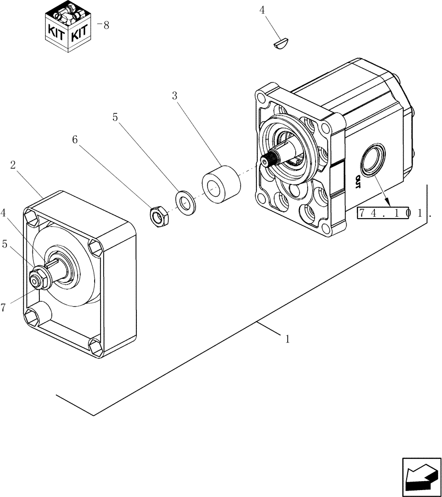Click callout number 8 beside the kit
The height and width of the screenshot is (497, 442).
tap(105, 25)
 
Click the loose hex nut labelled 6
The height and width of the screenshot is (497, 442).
tap(159, 215)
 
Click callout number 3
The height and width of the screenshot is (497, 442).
tap(175, 96)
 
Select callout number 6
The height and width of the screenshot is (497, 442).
tap(75, 140)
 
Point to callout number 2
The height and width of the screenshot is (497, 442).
tap(13, 165)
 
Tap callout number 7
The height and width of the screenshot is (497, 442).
tap(3, 308)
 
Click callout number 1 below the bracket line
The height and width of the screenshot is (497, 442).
tap(287, 339)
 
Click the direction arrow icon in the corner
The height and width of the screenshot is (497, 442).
tap(421, 478)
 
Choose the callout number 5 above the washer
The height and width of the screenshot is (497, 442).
tap(115, 117)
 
